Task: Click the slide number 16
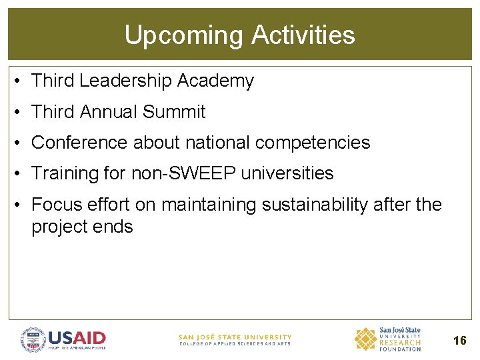[x=459, y=341]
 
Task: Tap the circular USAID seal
[x=33, y=339]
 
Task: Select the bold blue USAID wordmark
[x=77, y=337]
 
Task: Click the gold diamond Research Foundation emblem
[x=365, y=339]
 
